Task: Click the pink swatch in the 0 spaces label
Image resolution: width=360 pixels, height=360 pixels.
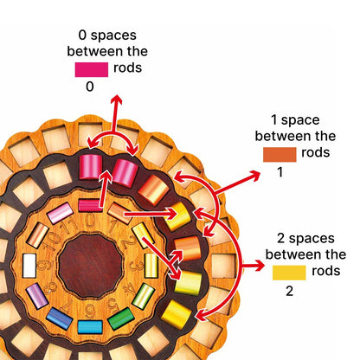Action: point(92,69)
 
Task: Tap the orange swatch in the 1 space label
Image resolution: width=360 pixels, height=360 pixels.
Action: point(280,154)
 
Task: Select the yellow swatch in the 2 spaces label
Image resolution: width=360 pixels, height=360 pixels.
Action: point(289,273)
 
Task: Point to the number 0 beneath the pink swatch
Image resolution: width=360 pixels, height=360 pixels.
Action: point(90,87)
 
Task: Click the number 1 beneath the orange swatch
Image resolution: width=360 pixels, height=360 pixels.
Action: point(280,172)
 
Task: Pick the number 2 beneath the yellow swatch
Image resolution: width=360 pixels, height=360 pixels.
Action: point(289,291)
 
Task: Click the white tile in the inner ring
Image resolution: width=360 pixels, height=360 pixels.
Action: point(29,266)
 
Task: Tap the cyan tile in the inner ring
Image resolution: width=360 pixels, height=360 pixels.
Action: point(90,327)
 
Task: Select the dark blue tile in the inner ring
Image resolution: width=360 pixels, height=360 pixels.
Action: point(59,318)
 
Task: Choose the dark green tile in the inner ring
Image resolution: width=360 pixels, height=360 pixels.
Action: point(121,318)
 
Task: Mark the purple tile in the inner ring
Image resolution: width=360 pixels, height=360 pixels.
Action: point(37,296)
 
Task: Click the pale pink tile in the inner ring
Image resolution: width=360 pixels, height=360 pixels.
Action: point(60,213)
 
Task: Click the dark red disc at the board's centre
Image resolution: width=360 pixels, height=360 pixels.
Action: point(90,266)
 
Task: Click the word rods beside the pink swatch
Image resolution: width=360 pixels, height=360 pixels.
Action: point(127,67)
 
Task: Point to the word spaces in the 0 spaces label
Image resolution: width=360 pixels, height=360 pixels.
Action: point(113,36)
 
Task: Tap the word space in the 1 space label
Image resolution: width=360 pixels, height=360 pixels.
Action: point(300,120)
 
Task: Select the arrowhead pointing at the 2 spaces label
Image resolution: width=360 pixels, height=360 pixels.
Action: point(259,266)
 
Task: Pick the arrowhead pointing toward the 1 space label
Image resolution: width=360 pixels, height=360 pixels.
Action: point(254,175)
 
